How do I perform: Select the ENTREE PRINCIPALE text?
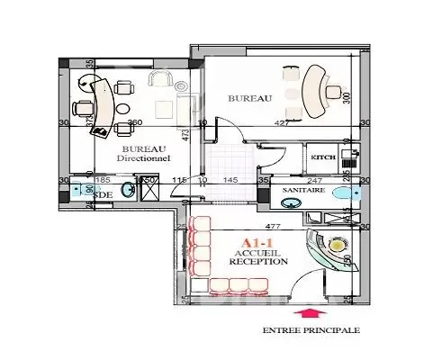click(311, 331)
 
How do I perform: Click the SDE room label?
click(104, 194)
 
